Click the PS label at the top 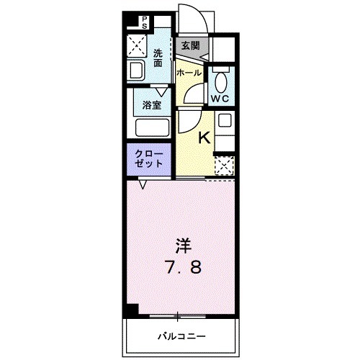144,22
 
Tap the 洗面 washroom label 158,57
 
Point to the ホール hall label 188,73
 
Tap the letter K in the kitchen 204,137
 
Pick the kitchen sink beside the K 225,121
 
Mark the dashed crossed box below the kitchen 225,167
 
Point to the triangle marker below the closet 143,185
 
